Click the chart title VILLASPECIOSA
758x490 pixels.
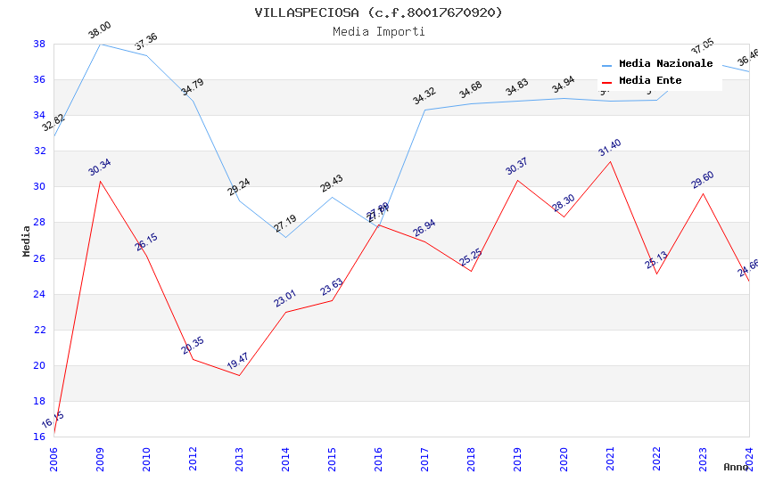click(378, 12)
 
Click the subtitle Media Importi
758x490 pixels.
click(378, 31)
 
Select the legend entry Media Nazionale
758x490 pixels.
click(665, 64)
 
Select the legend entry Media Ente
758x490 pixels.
click(650, 81)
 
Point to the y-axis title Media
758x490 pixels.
click(27, 241)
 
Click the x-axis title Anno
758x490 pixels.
click(736, 467)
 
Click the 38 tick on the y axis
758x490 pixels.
click(39, 44)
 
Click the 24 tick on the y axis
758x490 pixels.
click(39, 294)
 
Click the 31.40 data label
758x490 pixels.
click(610, 149)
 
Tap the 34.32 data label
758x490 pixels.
click(424, 96)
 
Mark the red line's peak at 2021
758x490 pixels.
click(610, 161)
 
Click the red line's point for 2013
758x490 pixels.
click(239, 375)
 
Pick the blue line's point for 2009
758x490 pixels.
click(100, 44)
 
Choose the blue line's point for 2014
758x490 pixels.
click(285, 237)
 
